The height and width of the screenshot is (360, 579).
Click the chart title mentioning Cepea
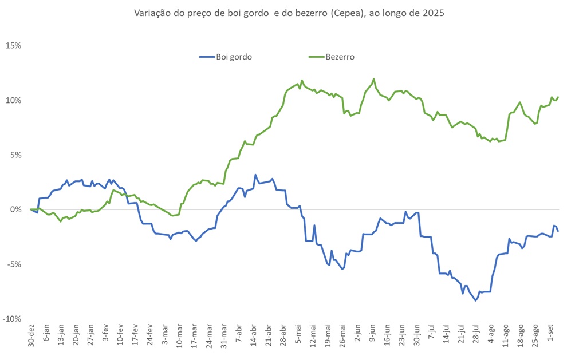[289, 13]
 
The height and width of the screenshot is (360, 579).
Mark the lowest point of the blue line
[475, 300]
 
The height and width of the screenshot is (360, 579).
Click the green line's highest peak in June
[374, 79]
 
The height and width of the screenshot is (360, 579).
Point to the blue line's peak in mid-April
[255, 175]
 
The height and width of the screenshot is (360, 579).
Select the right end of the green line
[558, 97]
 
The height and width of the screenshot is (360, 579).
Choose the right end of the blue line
[558, 231]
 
